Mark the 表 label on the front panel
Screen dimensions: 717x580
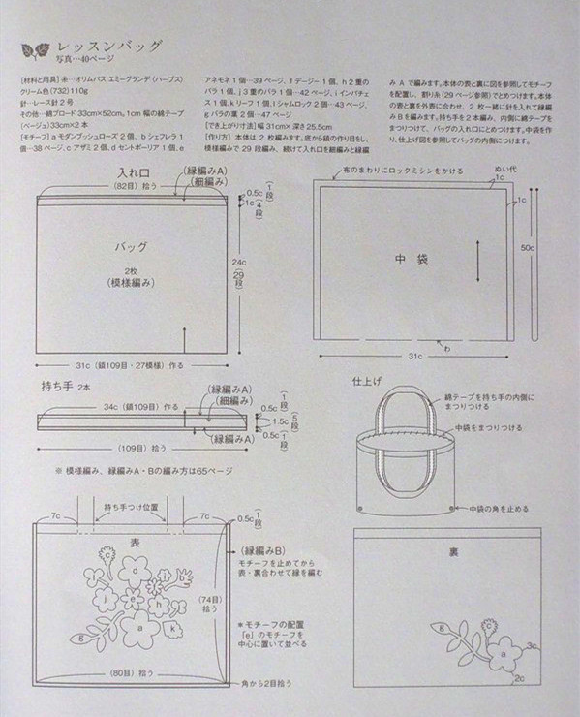pos(135,532)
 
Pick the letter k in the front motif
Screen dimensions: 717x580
pos(172,628)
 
